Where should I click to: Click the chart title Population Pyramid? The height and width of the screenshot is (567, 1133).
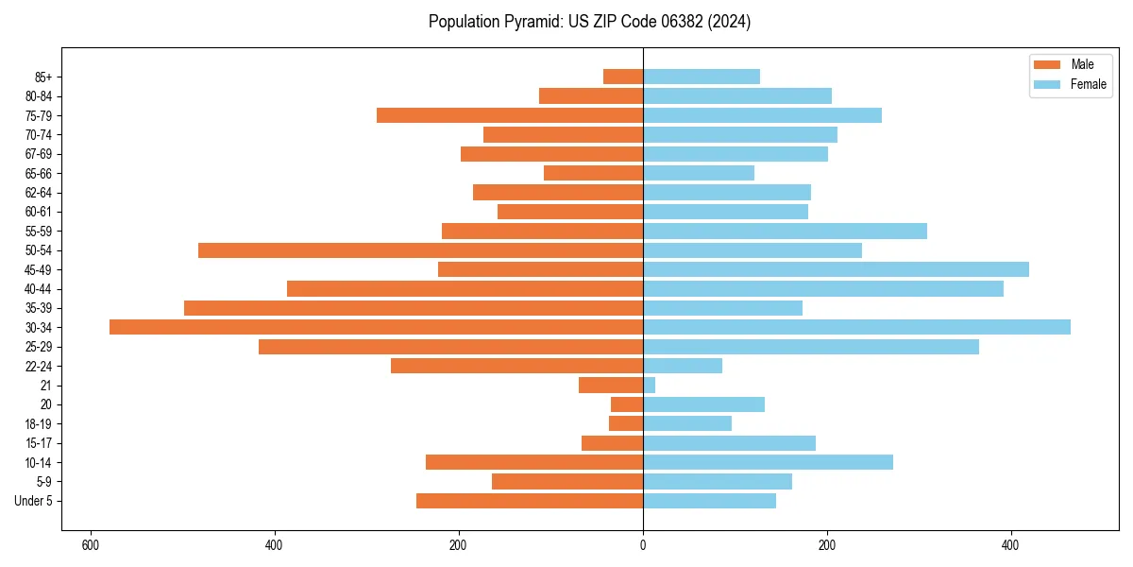[589, 22]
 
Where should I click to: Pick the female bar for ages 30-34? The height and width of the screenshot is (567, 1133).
[856, 327]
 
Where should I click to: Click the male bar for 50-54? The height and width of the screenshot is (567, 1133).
[420, 250]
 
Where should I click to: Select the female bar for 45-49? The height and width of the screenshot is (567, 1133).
[836, 269]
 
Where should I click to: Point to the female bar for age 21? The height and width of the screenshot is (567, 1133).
[650, 386]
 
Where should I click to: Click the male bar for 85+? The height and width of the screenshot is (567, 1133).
[623, 77]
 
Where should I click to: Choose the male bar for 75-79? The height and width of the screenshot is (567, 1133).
[510, 115]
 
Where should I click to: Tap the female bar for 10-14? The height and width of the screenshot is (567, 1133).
[768, 462]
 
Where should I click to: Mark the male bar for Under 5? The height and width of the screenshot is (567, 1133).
[530, 501]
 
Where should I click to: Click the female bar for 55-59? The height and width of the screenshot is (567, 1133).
[785, 231]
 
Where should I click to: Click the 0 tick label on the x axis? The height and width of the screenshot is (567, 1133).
[643, 545]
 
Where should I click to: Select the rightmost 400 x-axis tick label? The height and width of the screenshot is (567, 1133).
[1010, 545]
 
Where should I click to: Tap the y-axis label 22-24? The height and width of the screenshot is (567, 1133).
[39, 367]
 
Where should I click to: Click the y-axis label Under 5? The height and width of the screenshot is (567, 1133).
[33, 501]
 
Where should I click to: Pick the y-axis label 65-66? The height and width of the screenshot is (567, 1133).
[39, 173]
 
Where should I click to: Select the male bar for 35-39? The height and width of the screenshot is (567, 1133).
[414, 308]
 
